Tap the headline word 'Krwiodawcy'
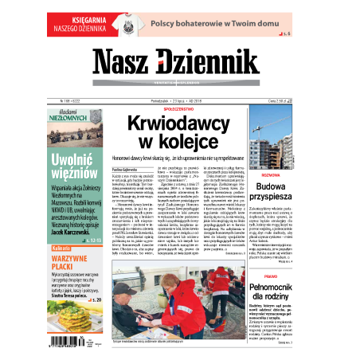point(174,123)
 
